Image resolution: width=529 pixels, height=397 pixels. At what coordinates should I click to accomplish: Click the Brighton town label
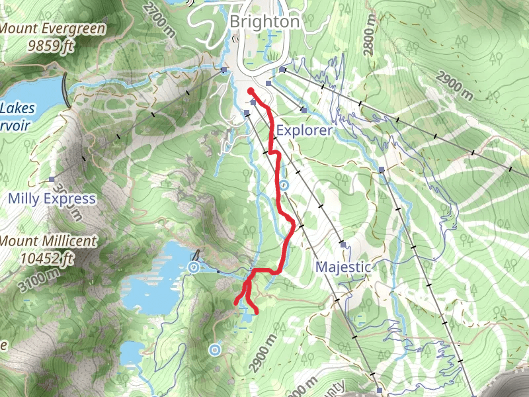point(264,22)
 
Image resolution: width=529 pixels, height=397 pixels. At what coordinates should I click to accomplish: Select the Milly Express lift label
point(52,198)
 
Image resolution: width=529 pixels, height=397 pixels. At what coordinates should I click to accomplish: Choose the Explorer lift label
point(304,130)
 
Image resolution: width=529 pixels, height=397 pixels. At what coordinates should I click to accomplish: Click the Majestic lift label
point(343,267)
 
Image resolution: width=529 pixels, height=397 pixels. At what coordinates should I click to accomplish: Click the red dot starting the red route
point(251,92)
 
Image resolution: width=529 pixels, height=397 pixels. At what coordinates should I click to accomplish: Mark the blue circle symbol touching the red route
point(284,185)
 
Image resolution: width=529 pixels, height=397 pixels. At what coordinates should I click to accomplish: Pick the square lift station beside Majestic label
point(343,244)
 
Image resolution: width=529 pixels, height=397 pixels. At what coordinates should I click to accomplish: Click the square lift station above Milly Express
point(52,179)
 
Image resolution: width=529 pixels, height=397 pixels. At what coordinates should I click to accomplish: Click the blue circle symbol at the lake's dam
point(194,267)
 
